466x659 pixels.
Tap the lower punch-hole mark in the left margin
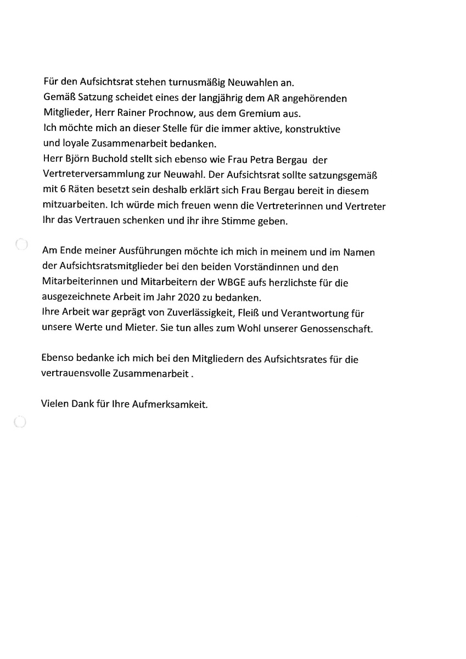click(19, 421)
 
